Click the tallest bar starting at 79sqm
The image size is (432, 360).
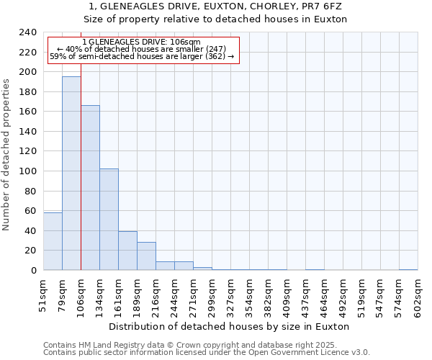(x=71, y=174)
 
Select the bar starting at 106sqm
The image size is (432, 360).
(x=90, y=188)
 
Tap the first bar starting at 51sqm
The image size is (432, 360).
(x=53, y=241)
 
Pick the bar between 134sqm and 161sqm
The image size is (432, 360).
(x=109, y=220)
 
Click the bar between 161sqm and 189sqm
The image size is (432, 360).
(x=127, y=251)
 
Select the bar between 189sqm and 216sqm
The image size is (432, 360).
(x=146, y=256)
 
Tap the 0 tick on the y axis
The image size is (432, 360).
(x=33, y=271)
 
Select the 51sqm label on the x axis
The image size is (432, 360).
(x=43, y=294)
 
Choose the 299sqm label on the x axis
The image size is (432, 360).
(x=212, y=296)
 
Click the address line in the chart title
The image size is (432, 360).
(x=215, y=6)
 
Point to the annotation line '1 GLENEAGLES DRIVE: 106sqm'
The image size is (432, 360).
(x=142, y=42)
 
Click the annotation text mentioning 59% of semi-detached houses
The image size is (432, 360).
(x=142, y=56)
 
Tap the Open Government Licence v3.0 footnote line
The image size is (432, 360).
(x=207, y=352)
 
